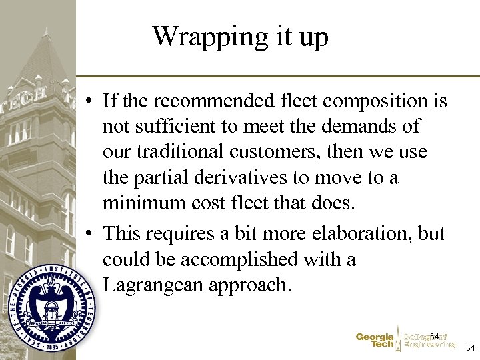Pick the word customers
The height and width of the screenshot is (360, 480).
(x=285, y=152)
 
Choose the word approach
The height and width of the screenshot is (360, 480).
(x=250, y=285)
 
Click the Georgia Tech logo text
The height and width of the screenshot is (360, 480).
(x=375, y=340)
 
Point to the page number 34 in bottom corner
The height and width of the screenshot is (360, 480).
(x=470, y=348)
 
